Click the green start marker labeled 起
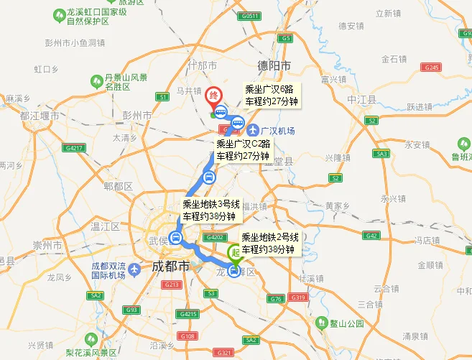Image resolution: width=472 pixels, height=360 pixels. pyautogui.click(x=234, y=254)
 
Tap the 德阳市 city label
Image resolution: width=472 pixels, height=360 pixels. pyautogui.click(x=276, y=65)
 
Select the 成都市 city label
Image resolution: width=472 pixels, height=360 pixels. pyautogui.click(x=170, y=267)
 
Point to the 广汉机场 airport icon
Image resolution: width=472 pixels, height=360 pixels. pyautogui.click(x=252, y=130)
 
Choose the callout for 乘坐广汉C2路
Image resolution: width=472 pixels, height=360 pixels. pyautogui.click(x=243, y=149)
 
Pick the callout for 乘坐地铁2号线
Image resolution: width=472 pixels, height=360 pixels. pyautogui.click(x=269, y=243)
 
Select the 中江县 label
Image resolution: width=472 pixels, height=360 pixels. pyautogui.click(x=361, y=98)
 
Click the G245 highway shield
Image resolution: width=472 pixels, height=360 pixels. pyautogui.click(x=432, y=67)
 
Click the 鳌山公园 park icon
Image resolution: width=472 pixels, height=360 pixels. pyautogui.click(x=323, y=323)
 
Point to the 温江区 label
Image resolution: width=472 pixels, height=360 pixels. pyautogui.click(x=104, y=226)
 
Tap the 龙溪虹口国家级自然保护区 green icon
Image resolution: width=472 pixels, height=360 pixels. pyautogui.click(x=57, y=14)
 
